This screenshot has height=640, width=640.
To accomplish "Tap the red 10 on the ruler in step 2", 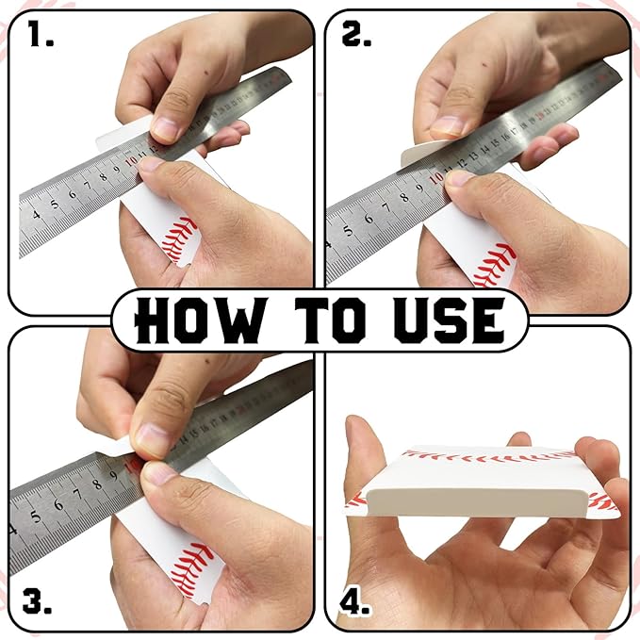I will [436, 176].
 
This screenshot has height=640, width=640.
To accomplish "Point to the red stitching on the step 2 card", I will [494, 265].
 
